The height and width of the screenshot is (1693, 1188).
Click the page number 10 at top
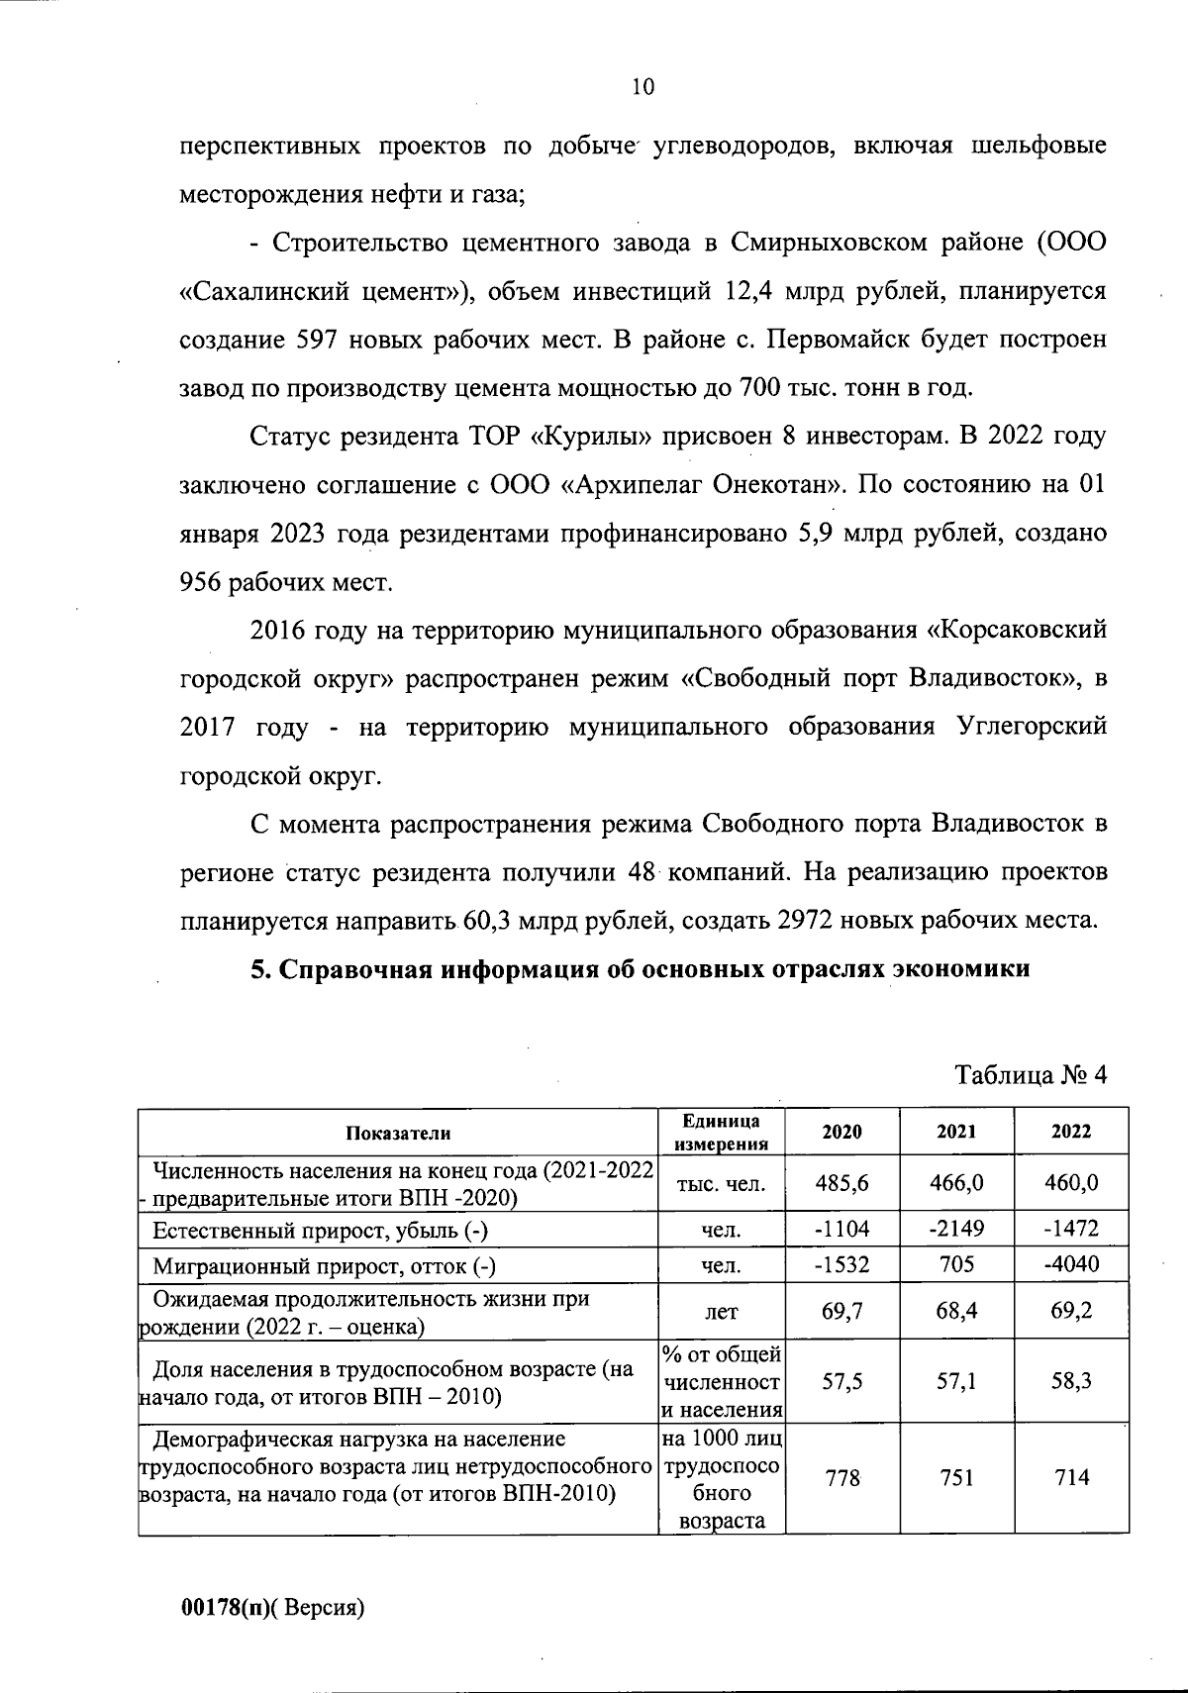pos(643,87)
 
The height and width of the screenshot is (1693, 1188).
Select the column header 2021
pos(956,1132)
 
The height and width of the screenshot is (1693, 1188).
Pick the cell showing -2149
pos(956,1230)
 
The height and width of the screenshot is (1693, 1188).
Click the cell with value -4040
pos(1071,1264)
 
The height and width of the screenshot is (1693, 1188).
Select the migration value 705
pos(956,1264)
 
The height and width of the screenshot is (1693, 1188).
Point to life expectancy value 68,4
pos(956,1311)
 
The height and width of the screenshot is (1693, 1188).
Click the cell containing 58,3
pos(1071,1381)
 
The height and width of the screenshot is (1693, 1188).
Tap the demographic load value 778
pos(842,1478)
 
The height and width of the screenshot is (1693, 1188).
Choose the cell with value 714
pos(1071,1478)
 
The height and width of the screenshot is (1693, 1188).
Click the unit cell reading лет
pos(721,1312)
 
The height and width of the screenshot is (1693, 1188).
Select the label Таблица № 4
pos(1030,1076)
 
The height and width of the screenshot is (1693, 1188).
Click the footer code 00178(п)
pos(225,1607)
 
